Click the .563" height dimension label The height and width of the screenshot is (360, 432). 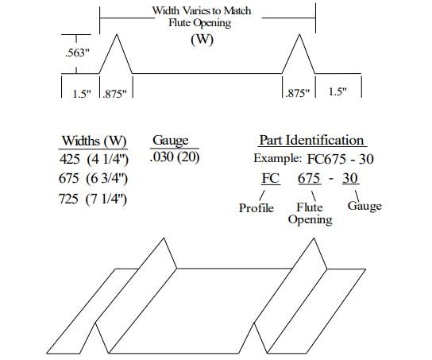77,52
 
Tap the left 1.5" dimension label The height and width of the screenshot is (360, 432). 82,94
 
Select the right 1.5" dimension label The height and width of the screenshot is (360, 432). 337,91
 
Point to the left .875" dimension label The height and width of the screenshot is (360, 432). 114,94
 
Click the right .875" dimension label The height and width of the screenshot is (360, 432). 297,93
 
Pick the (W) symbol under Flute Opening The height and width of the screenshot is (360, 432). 202,39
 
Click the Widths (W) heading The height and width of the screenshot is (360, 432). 94,141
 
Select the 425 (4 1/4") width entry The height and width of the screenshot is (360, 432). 94,159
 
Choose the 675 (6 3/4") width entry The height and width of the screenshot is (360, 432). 94,178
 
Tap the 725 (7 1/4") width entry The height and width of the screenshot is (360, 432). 93,199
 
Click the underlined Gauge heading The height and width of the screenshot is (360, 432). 171,141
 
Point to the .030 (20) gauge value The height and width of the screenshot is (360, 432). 175,157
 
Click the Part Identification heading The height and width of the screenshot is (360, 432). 312,141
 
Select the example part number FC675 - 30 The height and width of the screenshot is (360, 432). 340,159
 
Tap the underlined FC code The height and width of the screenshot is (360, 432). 271,178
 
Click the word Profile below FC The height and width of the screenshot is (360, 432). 256,208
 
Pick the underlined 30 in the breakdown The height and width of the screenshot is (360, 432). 350,178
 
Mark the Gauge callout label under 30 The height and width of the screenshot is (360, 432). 364,206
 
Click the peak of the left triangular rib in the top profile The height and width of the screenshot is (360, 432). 117,34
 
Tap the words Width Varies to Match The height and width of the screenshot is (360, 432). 202,11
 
